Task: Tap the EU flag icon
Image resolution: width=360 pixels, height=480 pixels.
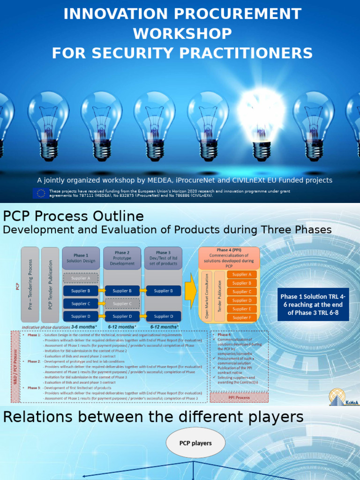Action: click(40, 193)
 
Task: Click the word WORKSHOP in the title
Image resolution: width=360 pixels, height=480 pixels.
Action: click(182, 33)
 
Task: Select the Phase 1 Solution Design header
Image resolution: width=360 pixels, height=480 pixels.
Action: click(81, 258)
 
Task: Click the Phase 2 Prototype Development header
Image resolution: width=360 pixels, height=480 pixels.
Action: click(121, 258)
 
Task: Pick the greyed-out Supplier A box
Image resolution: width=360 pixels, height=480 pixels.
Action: click(81, 278)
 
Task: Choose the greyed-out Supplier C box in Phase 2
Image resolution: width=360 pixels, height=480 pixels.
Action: click(121, 303)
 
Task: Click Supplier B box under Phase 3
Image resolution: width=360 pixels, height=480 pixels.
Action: click(163, 291)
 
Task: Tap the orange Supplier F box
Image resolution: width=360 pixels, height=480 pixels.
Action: click(241, 317)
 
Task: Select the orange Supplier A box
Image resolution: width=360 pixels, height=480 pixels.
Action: click(241, 275)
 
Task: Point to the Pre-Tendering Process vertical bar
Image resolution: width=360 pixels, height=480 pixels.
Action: click(30, 284)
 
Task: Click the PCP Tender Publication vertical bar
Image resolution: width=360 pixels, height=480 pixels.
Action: click(50, 284)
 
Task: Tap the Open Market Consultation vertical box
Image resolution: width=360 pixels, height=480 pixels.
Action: click(207, 296)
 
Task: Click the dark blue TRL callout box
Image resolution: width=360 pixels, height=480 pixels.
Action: click(313, 304)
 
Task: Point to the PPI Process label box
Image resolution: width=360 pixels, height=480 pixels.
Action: click(239, 397)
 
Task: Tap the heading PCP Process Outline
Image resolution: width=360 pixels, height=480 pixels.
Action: click(73, 216)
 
